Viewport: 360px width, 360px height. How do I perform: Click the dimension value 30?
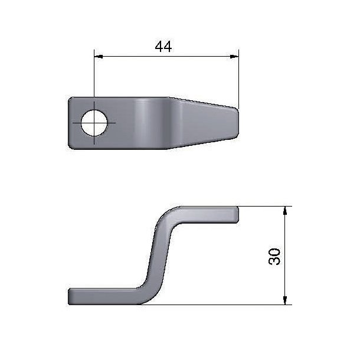tap(274, 256)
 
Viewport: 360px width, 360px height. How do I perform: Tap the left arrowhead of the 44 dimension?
tap(98, 57)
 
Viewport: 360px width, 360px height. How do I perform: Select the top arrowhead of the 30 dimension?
tap(285, 211)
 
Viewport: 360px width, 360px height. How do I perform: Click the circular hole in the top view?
tap(94, 123)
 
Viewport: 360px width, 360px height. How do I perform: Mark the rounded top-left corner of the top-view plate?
tap(71, 100)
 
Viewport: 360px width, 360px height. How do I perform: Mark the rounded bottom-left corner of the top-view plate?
tap(71, 146)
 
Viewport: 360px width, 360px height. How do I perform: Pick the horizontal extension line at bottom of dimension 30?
tap(236, 305)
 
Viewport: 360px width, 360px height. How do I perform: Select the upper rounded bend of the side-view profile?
tap(171, 213)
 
